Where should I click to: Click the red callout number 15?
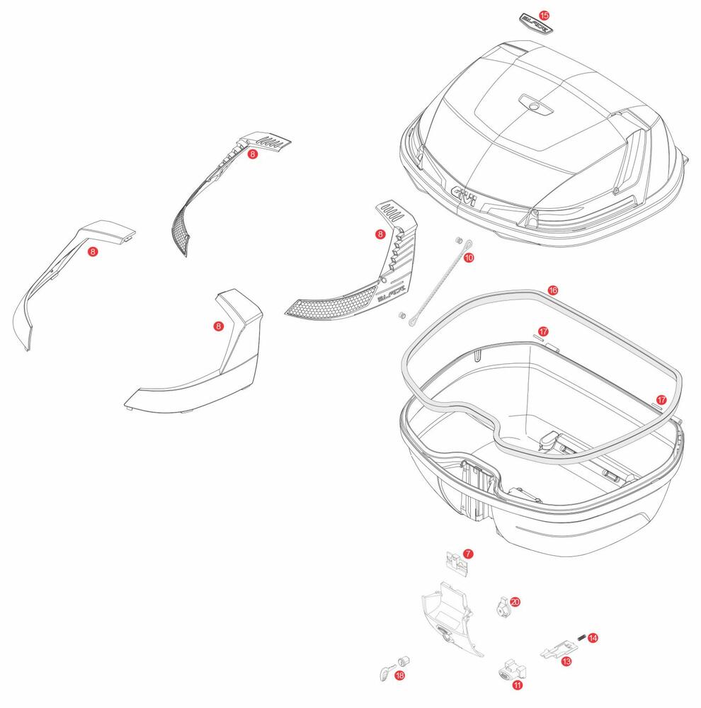(544, 15)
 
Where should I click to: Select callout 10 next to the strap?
(469, 258)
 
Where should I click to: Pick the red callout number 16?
(553, 290)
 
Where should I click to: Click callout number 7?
(468, 553)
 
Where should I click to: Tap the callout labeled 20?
(515, 601)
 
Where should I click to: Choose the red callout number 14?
(593, 638)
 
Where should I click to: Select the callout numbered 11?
(518, 685)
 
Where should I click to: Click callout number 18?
(400, 676)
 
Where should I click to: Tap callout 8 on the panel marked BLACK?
(380, 234)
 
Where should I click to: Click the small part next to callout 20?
(501, 605)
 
